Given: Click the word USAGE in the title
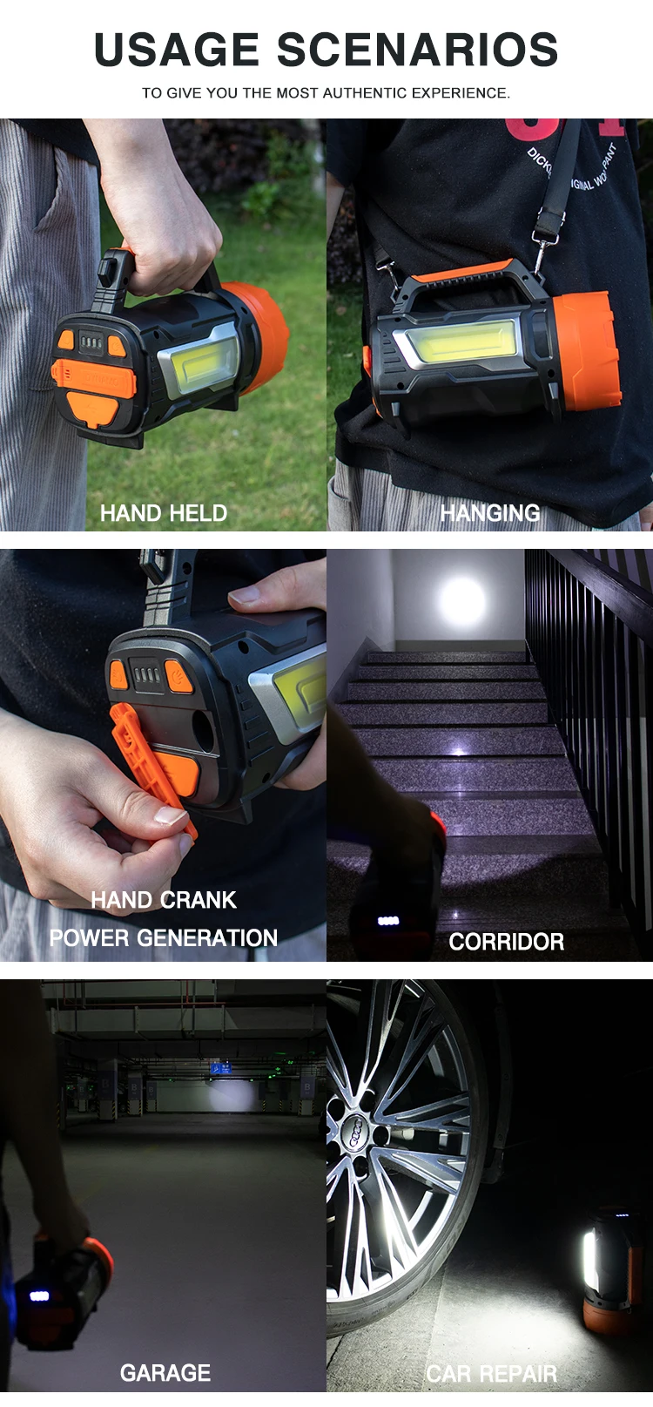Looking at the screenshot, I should pos(177,50).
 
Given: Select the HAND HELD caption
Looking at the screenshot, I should pos(164,513).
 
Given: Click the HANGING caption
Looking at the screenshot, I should pos(489,512).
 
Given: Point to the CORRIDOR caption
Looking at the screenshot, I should pos(506,942).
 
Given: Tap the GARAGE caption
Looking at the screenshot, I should pos(165,1373).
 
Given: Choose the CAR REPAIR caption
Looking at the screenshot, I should pos(491,1374).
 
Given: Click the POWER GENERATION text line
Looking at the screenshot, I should pos(164,938).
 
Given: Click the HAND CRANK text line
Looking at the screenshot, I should pos(164,900).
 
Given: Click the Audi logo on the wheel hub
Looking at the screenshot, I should pos(357,1132).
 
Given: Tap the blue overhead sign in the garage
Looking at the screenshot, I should pos(220,1067).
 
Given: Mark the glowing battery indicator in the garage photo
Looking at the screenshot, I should pos(40,1295).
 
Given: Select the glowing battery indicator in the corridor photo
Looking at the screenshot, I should pos(387,921).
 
